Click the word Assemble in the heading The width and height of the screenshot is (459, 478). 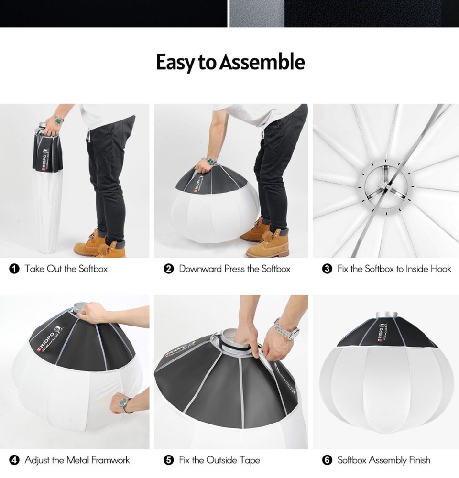tap(262, 62)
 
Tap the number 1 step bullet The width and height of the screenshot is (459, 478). tap(14, 269)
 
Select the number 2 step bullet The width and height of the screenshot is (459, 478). tap(169, 269)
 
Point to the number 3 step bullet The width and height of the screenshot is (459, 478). tap(327, 269)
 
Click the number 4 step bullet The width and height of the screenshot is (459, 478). tap(14, 460)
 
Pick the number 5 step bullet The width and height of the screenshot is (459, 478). tap(169, 460)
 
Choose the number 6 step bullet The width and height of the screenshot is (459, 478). tap(327, 460)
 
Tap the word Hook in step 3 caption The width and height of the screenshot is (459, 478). tap(441, 269)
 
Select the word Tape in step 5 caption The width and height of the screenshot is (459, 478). tap(249, 460)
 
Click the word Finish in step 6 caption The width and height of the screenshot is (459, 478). tap(419, 460)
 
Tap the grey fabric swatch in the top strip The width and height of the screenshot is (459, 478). tap(257, 14)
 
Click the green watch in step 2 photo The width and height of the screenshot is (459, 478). tap(210, 160)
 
